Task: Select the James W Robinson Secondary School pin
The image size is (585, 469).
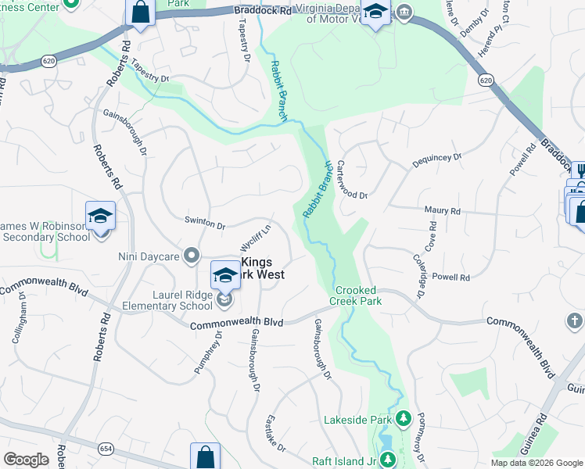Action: [100, 216]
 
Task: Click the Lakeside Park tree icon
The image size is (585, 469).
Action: [404, 420]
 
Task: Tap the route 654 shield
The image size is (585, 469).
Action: [106, 449]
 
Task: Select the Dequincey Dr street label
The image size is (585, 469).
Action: [436, 160]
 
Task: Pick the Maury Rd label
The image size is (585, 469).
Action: [442, 211]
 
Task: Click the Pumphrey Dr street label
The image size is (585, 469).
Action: [208, 351]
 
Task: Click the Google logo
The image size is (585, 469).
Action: [27, 460]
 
